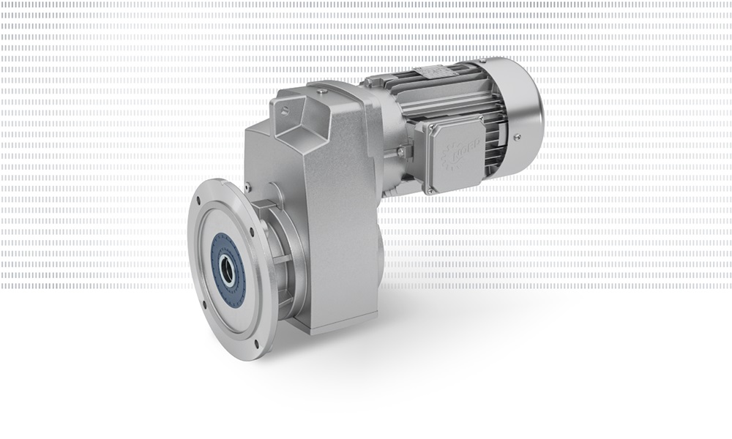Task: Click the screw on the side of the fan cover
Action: (517, 137)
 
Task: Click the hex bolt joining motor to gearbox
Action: (400, 151)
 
